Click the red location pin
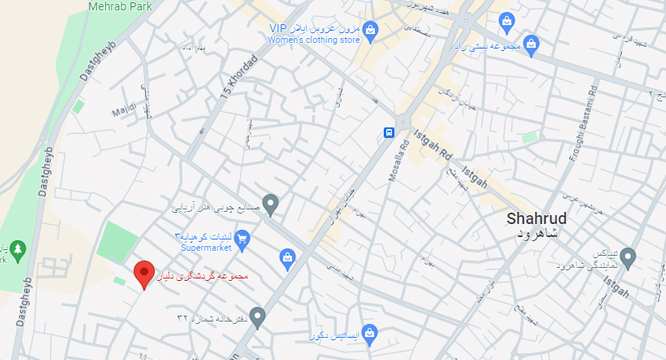[143, 271]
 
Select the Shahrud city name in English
[537, 217]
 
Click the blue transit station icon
[388, 132]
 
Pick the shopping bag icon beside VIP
[371, 29]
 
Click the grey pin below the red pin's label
[257, 317]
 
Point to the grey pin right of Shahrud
[628, 258]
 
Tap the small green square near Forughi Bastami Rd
[530, 139]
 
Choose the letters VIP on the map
[278, 28]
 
